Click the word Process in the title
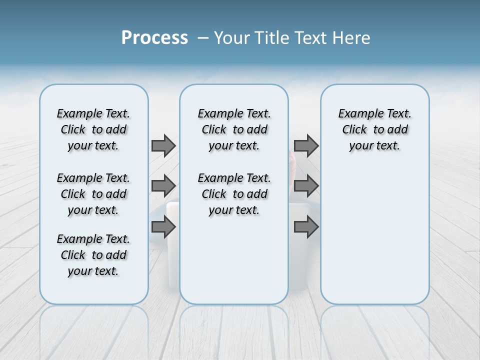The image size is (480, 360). point(154,38)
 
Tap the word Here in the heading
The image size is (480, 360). point(349,38)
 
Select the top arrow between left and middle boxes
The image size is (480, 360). point(163,145)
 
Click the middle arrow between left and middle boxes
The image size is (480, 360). point(163,186)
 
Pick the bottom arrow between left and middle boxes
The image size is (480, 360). point(163,227)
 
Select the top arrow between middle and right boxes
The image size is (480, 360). point(306,145)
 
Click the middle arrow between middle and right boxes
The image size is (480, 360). point(306,186)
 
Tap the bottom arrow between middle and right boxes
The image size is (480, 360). point(306,227)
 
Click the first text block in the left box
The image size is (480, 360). point(93,129)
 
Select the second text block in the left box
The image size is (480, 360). point(93,194)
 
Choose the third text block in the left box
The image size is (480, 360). point(93,255)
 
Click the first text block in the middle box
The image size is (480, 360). point(234,129)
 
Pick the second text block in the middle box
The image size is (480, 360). point(234,194)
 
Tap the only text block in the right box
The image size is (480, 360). point(374,129)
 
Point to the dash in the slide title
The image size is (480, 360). point(203,38)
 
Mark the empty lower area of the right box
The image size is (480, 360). point(374,240)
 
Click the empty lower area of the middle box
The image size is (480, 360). point(234,260)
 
